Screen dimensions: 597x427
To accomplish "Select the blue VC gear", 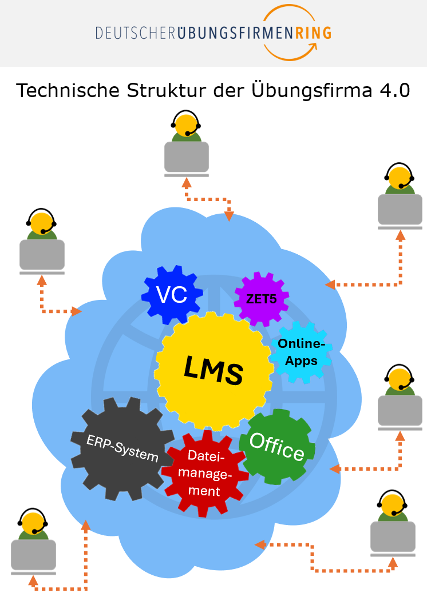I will tap(172, 294).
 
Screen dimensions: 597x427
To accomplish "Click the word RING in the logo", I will tap(313, 33).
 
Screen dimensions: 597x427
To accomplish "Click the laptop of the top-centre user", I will tap(187, 157).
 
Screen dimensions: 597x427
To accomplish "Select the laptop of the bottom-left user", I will tap(33, 555).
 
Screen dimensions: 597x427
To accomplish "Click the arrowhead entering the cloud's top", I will tap(229, 217).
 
